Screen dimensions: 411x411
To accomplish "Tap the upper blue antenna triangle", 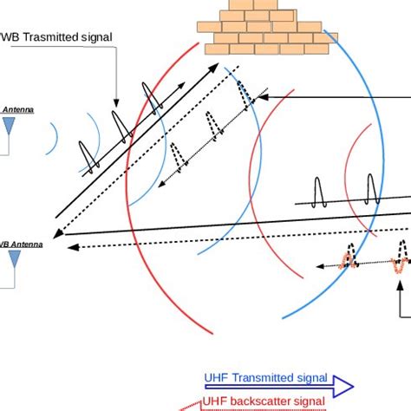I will [x=10, y=127].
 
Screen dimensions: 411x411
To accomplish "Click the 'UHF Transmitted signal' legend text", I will [x=265, y=378].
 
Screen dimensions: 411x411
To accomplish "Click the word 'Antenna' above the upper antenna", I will [x=19, y=110].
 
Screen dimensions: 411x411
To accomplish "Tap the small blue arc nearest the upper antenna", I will [x=54, y=139].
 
